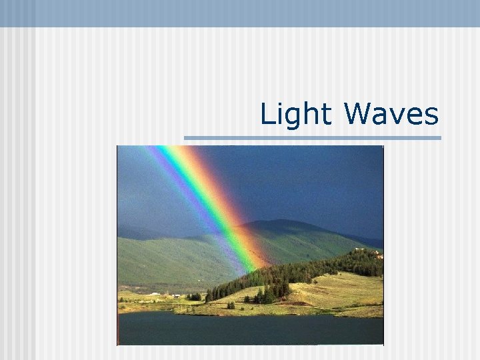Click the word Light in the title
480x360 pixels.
[296, 115]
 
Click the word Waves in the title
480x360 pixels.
[391, 115]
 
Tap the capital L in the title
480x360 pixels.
[265, 114]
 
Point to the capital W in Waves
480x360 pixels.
[358, 114]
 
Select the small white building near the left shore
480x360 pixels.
[155, 293]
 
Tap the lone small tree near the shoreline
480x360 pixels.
[231, 305]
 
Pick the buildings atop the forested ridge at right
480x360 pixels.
[377, 254]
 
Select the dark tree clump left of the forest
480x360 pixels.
[195, 296]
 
